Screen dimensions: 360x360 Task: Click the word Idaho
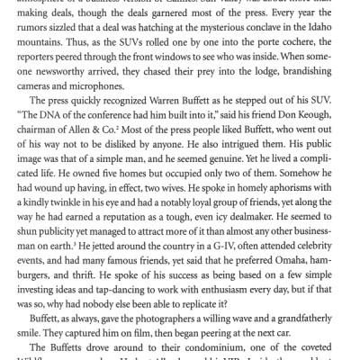click(x=318, y=42)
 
